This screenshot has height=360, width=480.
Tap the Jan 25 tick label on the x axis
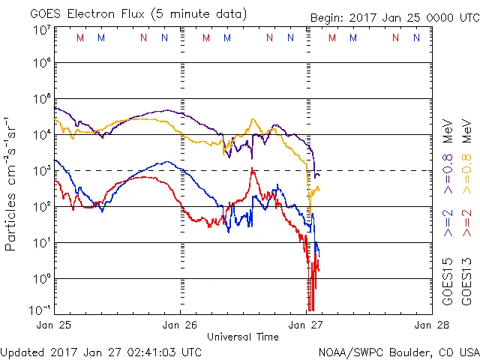point(54,325)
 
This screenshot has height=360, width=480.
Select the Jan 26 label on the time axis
point(180,325)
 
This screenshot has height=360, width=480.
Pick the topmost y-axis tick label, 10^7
point(42,30)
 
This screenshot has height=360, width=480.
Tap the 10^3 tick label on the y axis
point(42,171)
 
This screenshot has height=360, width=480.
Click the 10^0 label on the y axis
point(42,279)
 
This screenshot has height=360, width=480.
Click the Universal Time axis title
point(243,337)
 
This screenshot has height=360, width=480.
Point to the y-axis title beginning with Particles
point(12,183)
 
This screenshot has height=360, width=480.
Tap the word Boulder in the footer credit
point(405,351)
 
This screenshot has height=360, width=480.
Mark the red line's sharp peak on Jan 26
point(253,169)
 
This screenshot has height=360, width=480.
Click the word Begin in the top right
point(328,18)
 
